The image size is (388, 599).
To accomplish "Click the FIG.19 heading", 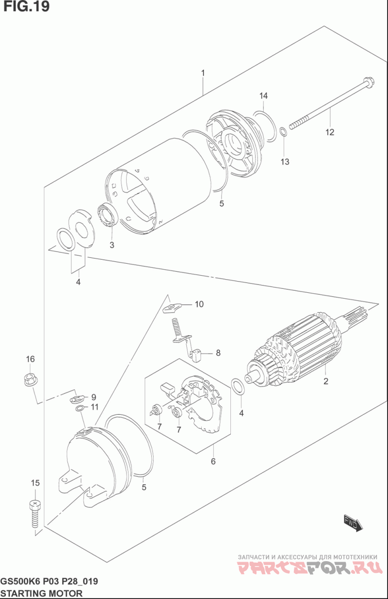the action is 26,6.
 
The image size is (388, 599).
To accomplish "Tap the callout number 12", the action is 330,132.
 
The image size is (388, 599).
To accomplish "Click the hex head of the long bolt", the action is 369,81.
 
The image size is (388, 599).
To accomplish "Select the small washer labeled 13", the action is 284,131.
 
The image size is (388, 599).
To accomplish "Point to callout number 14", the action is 263,96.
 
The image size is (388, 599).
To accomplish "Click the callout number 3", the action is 112,245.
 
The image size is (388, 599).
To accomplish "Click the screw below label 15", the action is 35,514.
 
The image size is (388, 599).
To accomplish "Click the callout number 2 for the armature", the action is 325,381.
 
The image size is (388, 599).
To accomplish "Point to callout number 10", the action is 199,304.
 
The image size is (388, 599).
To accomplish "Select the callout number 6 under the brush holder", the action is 213,461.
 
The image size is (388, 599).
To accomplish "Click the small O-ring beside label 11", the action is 79,409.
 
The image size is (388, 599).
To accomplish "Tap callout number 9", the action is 94,397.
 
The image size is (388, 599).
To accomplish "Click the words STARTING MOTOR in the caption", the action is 42,593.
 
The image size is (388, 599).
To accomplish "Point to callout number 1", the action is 203,73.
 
